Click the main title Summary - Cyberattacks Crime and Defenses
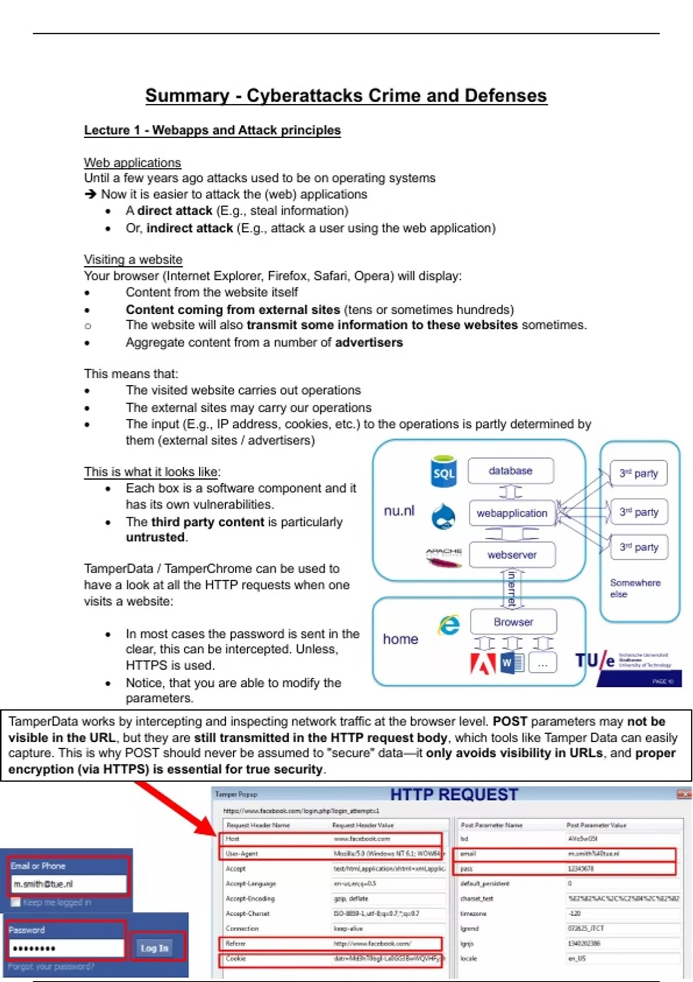(x=346, y=95)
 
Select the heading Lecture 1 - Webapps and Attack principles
(x=212, y=130)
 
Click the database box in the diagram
(x=511, y=471)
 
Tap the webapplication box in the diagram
(x=512, y=513)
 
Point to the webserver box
(x=512, y=555)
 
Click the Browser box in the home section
(x=513, y=622)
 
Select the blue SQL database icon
(x=444, y=471)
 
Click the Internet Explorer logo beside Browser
(x=449, y=625)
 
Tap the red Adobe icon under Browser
(x=483, y=663)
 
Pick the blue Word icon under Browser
(x=511, y=663)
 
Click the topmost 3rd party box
(x=638, y=473)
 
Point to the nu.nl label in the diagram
(x=399, y=511)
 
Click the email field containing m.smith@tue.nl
(x=68, y=884)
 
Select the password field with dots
(x=66, y=948)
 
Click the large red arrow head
(x=205, y=825)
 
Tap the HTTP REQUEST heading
(x=454, y=795)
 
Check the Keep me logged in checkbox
(x=16, y=902)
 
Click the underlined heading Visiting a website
(x=133, y=259)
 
